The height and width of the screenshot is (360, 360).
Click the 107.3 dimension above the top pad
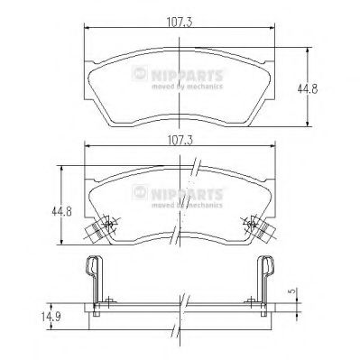(x=180, y=23)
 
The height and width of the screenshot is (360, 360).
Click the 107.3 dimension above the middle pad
(x=180, y=140)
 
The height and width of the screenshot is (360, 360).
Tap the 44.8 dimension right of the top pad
(x=308, y=89)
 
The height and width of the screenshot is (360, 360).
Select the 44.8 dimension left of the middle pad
(x=61, y=211)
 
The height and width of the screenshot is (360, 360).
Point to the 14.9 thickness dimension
(x=51, y=317)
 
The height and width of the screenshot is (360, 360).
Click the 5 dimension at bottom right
(x=291, y=291)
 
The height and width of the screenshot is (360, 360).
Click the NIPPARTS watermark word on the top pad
(x=187, y=75)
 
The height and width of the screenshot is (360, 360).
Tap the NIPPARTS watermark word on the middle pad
(x=187, y=194)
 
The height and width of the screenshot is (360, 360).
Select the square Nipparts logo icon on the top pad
(x=140, y=73)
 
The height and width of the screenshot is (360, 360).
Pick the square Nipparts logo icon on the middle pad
(x=140, y=192)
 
